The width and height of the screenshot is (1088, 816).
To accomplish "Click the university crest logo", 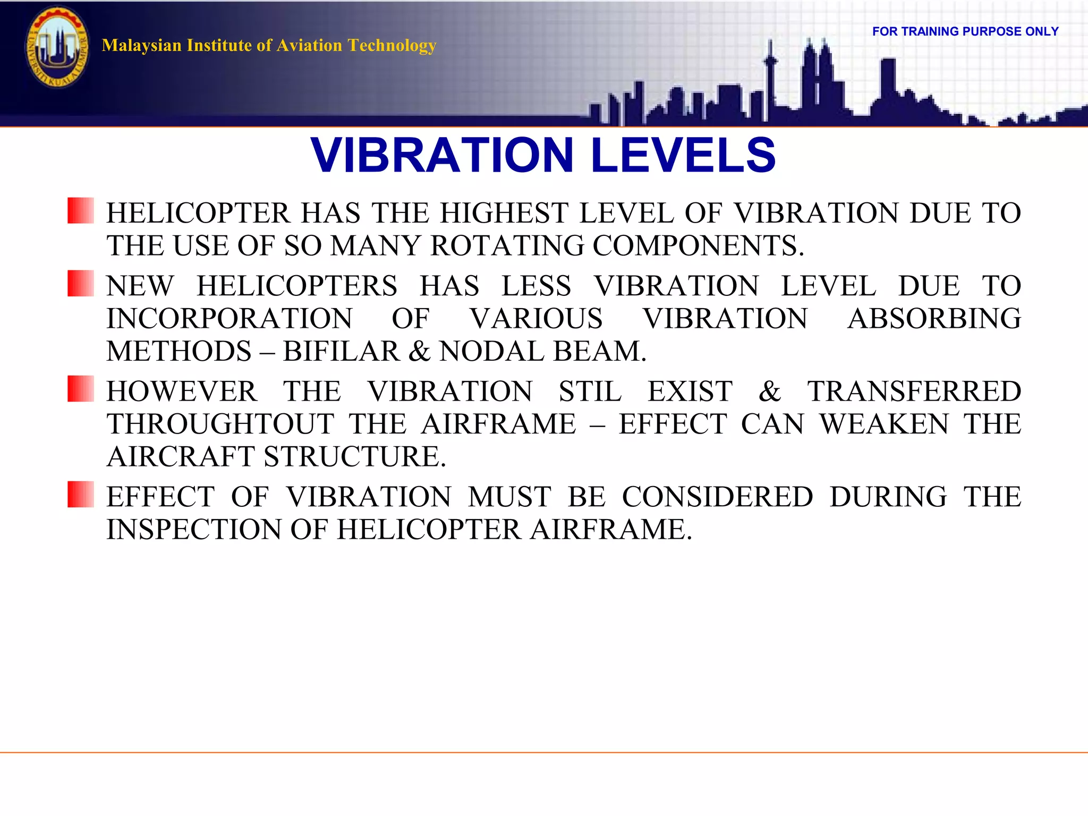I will pyautogui.click(x=57, y=48).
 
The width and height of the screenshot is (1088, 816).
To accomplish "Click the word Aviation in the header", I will pyautogui.click(x=309, y=46).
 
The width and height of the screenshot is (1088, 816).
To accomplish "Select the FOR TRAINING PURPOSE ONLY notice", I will pyautogui.click(x=965, y=31).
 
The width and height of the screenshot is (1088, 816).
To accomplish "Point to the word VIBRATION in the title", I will pyautogui.click(x=442, y=155).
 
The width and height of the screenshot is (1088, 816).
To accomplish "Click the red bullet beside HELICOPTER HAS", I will pyautogui.click(x=81, y=210).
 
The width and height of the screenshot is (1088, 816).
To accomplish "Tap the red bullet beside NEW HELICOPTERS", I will pyautogui.click(x=81, y=283).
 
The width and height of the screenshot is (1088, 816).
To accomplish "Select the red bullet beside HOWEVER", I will pyautogui.click(x=81, y=388).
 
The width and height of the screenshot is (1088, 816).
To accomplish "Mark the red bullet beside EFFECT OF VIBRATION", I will pyautogui.click(x=81, y=494).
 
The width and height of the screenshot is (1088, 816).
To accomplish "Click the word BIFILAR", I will pyautogui.click(x=341, y=351).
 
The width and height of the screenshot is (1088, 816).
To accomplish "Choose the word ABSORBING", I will pyautogui.click(x=934, y=319).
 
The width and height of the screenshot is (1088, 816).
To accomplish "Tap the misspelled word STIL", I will pyautogui.click(x=590, y=392).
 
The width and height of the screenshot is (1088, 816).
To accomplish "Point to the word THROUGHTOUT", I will pyautogui.click(x=220, y=424).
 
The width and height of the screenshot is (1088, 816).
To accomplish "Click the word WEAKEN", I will pyautogui.click(x=884, y=424).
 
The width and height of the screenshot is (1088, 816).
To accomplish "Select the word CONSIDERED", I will pyautogui.click(x=717, y=497).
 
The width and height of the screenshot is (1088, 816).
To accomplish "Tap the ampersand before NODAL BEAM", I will pyautogui.click(x=420, y=351).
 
